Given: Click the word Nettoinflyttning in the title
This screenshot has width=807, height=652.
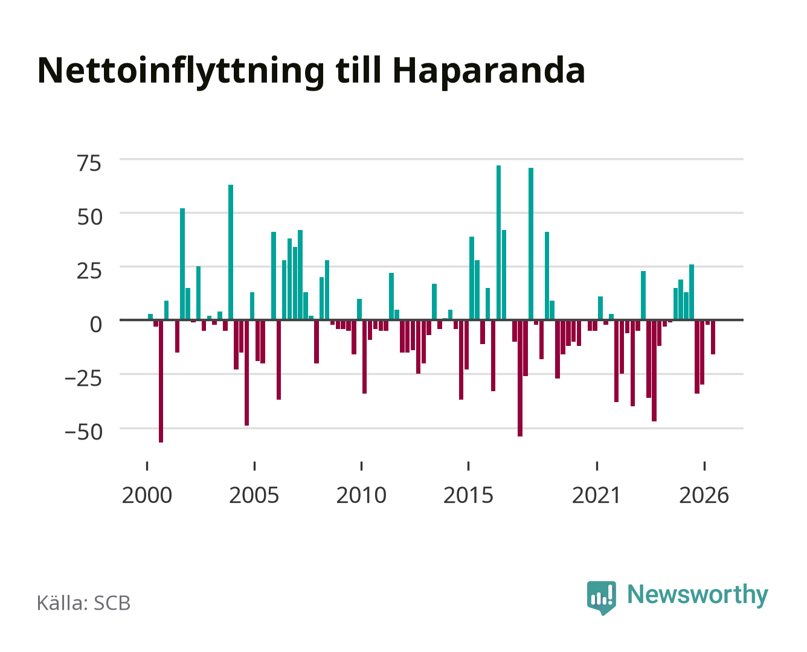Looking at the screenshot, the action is point(181,72).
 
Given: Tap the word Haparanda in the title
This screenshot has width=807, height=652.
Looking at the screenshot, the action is point(489,72).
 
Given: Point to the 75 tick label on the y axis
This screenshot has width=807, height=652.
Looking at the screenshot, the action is point(89,164).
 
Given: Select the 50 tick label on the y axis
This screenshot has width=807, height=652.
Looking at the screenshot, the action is point(89,217).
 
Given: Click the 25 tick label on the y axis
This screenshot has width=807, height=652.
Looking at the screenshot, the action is point(89,271).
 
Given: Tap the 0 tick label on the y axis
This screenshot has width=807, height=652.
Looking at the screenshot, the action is point(96,325).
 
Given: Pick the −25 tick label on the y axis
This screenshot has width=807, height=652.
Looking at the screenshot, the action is point(83,379).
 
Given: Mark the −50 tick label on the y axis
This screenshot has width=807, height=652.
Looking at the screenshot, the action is point(83,432).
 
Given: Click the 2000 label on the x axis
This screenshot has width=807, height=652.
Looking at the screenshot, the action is point(147,495).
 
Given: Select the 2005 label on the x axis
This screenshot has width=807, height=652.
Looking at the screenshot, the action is point(254,495).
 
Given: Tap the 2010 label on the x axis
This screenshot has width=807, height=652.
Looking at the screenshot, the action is point(361,495).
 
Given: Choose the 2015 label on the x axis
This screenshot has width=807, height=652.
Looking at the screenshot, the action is point(469,495).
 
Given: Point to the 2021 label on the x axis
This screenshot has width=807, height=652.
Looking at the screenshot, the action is point(597,495).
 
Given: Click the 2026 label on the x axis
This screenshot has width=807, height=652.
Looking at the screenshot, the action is point(704,495).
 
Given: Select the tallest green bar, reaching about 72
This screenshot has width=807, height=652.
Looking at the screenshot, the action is point(498,242).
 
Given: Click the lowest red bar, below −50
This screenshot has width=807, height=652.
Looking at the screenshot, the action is point(161,381).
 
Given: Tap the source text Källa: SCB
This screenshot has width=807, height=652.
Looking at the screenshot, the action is point(84,603).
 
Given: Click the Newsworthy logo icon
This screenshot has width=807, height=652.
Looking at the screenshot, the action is point(602,598).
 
